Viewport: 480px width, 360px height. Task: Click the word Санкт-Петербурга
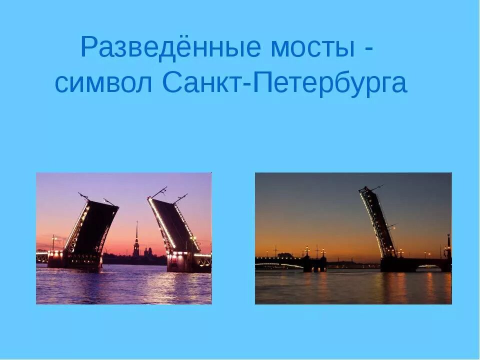[285, 83]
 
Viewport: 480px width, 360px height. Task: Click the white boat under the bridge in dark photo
[429, 268]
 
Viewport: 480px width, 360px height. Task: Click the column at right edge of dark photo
[448, 247]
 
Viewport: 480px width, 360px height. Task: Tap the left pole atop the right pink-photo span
[159, 192]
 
